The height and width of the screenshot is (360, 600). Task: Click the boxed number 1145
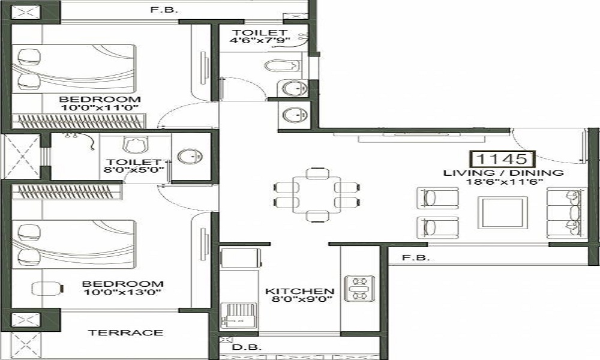[503, 160]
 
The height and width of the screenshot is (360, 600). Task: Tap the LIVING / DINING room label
[503, 173]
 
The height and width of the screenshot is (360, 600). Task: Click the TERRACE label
[125, 332]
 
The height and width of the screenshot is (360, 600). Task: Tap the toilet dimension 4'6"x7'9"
[260, 41]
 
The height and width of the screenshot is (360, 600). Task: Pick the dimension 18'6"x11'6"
[503, 182]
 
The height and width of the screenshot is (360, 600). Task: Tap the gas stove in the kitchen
[359, 289]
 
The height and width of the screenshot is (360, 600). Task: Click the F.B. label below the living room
[410, 258]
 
